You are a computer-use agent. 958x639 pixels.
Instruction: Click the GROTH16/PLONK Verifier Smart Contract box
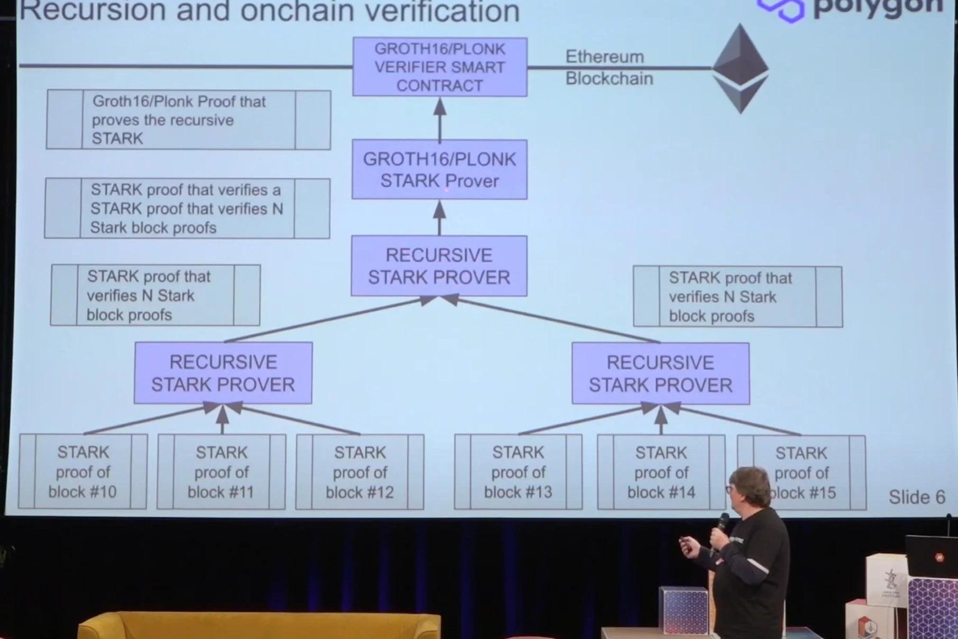[439, 67]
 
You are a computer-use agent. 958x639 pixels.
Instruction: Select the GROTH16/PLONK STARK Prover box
[439, 170]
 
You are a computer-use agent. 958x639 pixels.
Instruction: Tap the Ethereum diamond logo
[740, 68]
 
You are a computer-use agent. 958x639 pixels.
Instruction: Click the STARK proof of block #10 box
[82, 472]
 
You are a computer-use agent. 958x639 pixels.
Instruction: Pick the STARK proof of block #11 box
[222, 472]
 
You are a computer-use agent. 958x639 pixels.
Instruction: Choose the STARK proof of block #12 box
[360, 472]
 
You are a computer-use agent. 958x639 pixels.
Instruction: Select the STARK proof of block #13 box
[518, 472]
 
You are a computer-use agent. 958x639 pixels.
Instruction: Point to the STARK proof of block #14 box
[661, 472]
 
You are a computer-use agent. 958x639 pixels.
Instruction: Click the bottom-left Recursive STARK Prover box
[223, 373]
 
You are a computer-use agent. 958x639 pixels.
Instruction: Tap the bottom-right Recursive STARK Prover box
[660, 373]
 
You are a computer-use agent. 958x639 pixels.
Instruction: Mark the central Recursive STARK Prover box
[439, 266]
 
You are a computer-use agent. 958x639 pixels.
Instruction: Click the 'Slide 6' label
[916, 497]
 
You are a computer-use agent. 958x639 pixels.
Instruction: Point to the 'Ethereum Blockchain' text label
[609, 68]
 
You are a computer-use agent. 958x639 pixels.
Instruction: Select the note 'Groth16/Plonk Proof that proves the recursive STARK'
[188, 120]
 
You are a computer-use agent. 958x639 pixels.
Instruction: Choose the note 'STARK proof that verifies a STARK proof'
[187, 209]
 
